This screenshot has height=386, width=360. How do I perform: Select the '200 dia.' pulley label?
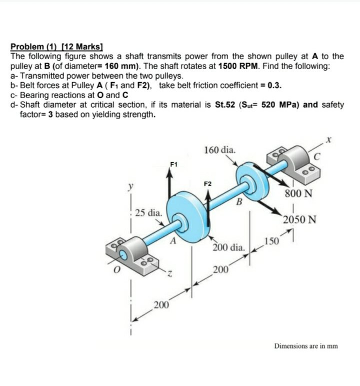point(228,248)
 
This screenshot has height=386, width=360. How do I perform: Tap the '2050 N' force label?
point(298,220)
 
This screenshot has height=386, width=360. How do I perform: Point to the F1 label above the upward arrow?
point(173,163)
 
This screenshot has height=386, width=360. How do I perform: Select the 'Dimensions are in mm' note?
point(305,345)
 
